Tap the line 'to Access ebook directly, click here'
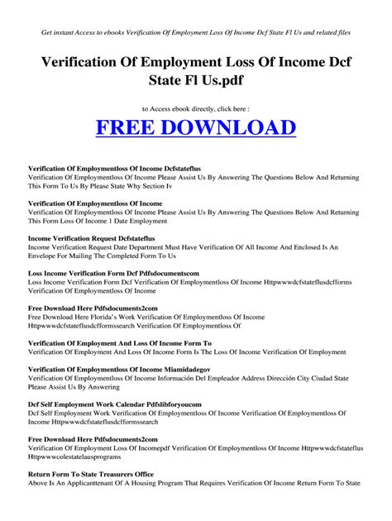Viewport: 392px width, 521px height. coord(196,109)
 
